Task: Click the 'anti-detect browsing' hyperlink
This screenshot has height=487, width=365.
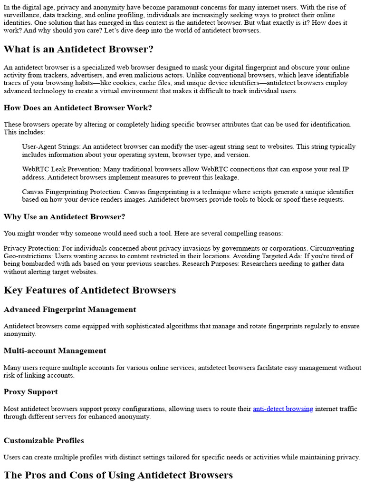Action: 283,409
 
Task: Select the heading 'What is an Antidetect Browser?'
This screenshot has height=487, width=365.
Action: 78,49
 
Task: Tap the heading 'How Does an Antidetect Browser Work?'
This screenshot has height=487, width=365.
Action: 77,108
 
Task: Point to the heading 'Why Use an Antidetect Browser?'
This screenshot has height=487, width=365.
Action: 64,217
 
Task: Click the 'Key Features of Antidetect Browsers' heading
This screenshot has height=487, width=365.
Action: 90,290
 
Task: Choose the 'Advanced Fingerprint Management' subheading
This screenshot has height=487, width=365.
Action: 69,310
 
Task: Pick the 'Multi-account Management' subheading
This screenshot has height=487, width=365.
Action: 55,351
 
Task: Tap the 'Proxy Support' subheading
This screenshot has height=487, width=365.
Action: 30,392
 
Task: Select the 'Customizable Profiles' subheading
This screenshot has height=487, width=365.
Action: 44,441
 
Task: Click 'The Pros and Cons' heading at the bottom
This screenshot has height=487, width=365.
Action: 118,475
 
